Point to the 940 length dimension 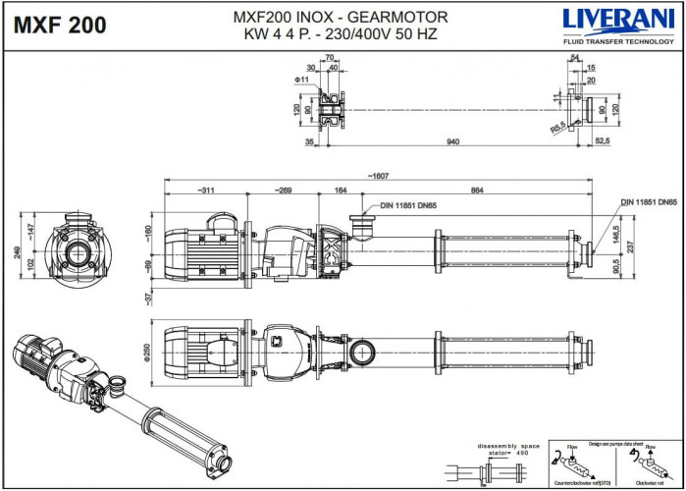[452, 142]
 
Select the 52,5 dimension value [604, 142]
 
